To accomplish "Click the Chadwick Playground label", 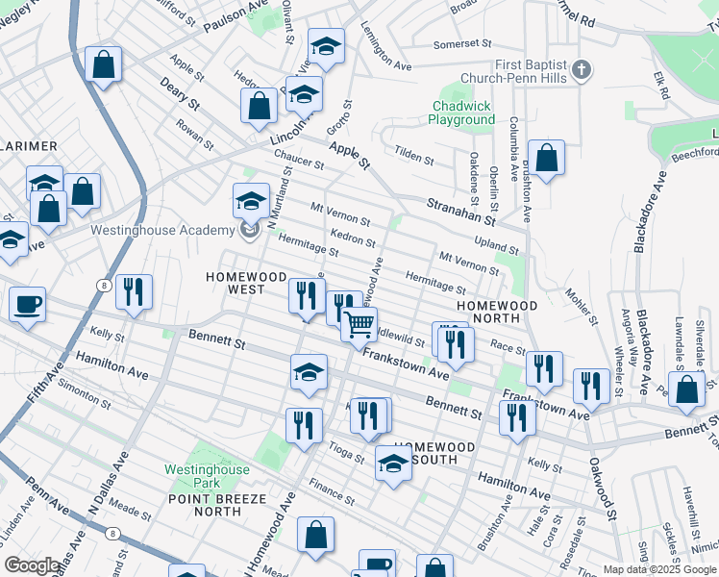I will [462, 113].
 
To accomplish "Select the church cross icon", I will [581, 70].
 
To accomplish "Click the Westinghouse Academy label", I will [162, 231].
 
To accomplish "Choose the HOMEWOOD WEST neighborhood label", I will [235, 283].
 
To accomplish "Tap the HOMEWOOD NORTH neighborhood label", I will [496, 313].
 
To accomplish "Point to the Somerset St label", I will [461, 44].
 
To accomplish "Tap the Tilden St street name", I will [414, 155].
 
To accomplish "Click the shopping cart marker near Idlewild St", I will [359, 325].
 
